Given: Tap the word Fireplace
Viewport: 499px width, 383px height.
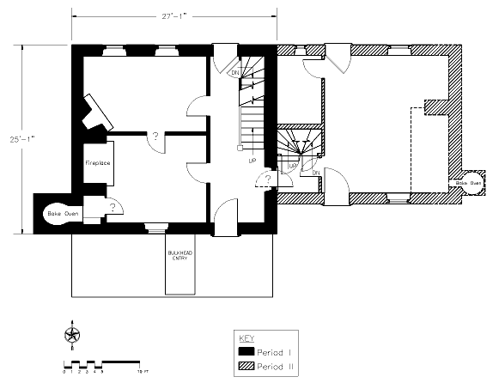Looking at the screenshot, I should [x=95, y=161].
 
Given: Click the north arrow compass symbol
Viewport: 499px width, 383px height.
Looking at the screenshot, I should [x=72, y=333].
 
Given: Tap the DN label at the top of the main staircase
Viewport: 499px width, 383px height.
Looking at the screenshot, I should [x=234, y=73].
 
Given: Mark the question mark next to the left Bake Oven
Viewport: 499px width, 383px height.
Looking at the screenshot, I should [x=113, y=207].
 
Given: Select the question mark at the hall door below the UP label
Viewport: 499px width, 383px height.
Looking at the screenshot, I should [x=268, y=178].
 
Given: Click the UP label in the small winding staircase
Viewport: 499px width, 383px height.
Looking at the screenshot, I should [x=293, y=165].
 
